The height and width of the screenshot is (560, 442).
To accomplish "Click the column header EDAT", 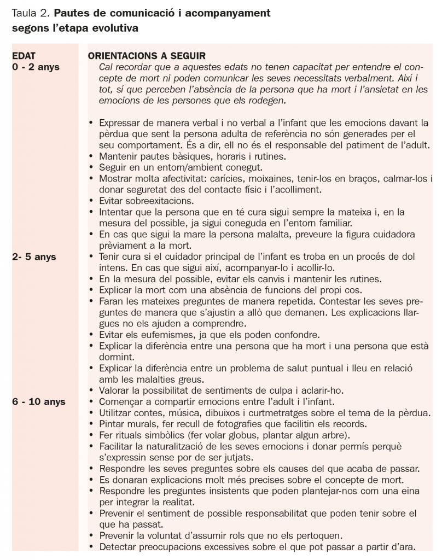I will point(25,56).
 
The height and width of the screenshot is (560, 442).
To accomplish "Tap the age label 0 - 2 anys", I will point(36,67).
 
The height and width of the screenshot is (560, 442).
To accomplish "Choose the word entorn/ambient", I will point(185,167).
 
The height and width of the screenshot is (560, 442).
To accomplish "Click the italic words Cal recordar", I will point(121,67).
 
